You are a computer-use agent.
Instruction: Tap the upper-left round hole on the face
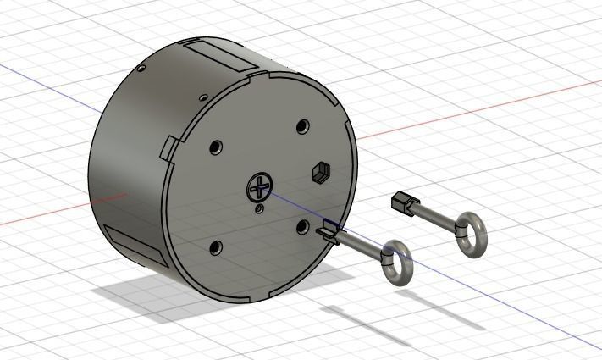tap(216, 147)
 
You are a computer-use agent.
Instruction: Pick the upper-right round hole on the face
tap(302, 126)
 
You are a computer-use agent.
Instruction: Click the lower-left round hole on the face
tap(215, 247)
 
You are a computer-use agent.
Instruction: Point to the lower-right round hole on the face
tap(302, 226)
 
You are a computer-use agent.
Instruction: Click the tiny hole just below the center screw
tap(259, 207)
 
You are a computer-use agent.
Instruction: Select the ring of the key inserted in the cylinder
tap(395, 263)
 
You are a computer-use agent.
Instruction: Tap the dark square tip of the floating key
tap(400, 202)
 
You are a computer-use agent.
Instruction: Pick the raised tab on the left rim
tap(167, 146)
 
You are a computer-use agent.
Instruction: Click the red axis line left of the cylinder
tap(51, 213)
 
